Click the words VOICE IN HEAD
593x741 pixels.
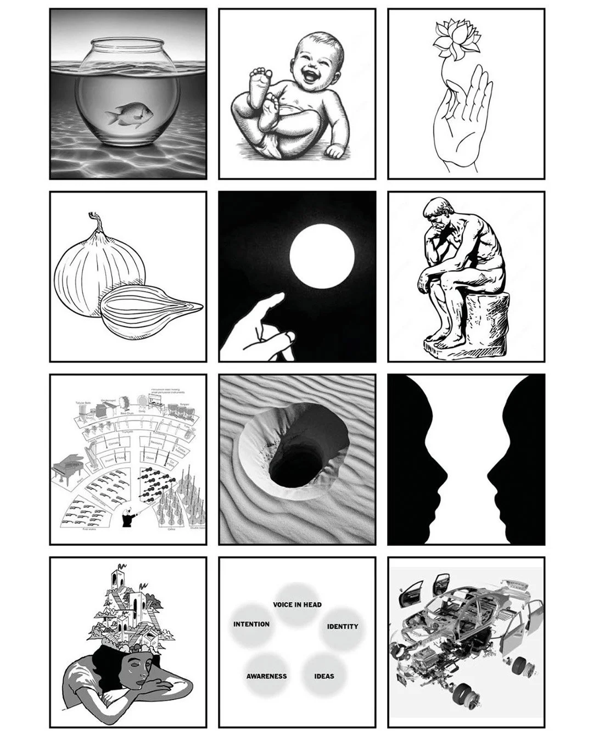click(x=297, y=604)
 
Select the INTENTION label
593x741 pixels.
click(x=251, y=624)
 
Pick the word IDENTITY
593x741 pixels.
click(x=342, y=626)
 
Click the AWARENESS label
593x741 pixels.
click(x=266, y=676)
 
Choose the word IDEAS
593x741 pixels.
click(x=324, y=676)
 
